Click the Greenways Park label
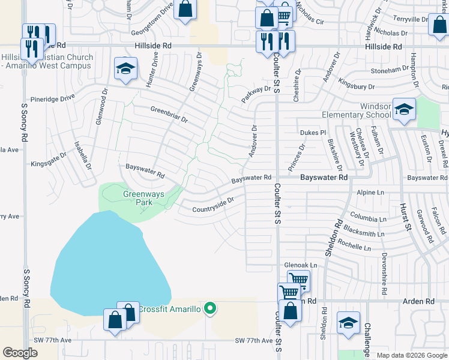tap(138, 198)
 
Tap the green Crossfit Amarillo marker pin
tap(209, 309)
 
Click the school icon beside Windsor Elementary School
tap(405, 109)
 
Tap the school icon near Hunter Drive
tap(125, 69)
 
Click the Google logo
tap(20, 353)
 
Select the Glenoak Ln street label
tap(300, 265)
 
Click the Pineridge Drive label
tap(53, 97)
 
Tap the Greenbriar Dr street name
tap(169, 115)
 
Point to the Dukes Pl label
tap(312, 132)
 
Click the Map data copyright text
tap(411, 355)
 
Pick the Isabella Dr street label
tap(79, 154)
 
